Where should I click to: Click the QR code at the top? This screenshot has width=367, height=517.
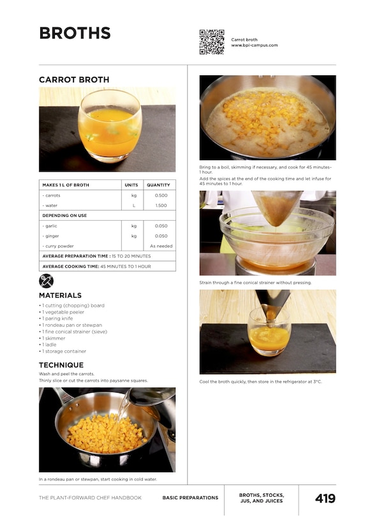click(211, 41)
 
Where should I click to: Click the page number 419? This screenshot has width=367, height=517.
click(325, 498)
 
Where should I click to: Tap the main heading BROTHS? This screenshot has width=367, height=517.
click(75, 33)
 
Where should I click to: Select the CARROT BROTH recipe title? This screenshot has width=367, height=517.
click(74, 80)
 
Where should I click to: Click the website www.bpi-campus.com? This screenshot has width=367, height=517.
click(254, 45)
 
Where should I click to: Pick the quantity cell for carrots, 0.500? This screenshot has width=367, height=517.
click(161, 195)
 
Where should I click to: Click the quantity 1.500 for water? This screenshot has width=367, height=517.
click(161, 206)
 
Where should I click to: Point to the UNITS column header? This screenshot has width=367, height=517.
click(131, 185)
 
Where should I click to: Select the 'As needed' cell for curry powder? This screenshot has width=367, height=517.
click(161, 246)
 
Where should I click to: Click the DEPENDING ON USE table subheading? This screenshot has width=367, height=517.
click(64, 216)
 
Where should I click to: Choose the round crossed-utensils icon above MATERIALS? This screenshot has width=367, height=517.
click(46, 281)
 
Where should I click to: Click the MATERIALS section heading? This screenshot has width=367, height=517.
click(60, 296)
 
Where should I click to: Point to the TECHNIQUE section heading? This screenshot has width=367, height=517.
click(61, 365)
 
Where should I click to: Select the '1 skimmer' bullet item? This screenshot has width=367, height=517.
click(54, 338)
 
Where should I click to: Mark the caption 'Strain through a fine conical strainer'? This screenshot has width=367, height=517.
click(255, 282)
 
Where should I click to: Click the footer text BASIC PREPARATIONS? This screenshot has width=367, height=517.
click(190, 498)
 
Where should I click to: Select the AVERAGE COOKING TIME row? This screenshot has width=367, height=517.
click(96, 266)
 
